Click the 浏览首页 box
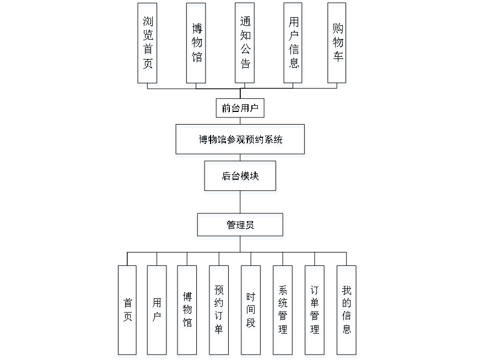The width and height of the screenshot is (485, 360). [x=148, y=45]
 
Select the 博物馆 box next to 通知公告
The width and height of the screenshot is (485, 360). [x=197, y=45]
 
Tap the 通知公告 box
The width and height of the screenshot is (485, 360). [x=245, y=45]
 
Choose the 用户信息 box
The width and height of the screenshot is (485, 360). [x=294, y=45]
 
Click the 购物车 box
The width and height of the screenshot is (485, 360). [x=337, y=45]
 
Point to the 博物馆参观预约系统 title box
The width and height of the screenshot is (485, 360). [x=240, y=141]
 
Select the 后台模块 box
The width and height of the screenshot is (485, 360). [x=241, y=178]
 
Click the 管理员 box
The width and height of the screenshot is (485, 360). [x=241, y=227]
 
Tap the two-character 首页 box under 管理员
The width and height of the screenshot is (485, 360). [x=128, y=311]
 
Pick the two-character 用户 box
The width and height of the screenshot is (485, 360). [x=158, y=311]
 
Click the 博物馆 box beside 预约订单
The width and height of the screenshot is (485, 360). [x=188, y=311]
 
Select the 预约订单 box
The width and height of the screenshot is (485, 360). [x=219, y=311]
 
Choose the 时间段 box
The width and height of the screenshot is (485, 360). [x=251, y=311]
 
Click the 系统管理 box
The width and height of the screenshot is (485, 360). [x=283, y=311]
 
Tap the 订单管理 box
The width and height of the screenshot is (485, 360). [x=315, y=311]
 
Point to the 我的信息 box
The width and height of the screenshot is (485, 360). [x=347, y=311]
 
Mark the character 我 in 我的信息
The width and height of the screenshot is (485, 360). [x=347, y=291]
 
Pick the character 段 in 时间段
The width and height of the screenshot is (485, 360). [x=251, y=325]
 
